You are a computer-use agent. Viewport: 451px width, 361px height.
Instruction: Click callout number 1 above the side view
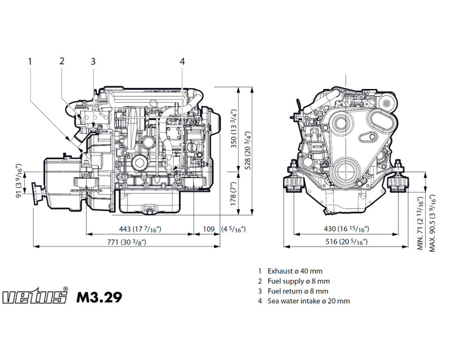(30, 61)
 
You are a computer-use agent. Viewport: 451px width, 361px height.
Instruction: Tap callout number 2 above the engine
(62, 61)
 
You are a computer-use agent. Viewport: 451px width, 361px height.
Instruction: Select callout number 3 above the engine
(93, 61)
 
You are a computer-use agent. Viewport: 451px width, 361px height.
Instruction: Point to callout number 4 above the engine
(182, 61)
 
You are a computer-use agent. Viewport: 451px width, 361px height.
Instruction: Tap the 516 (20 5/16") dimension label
(345, 242)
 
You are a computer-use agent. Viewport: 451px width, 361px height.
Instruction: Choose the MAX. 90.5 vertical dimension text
(432, 224)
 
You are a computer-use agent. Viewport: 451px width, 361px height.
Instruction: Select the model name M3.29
(98, 297)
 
